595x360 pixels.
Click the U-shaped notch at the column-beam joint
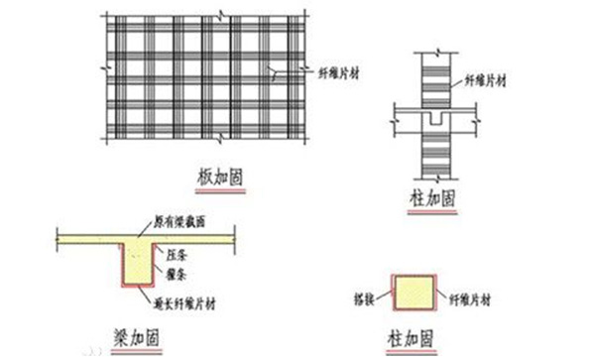coord(433,119)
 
